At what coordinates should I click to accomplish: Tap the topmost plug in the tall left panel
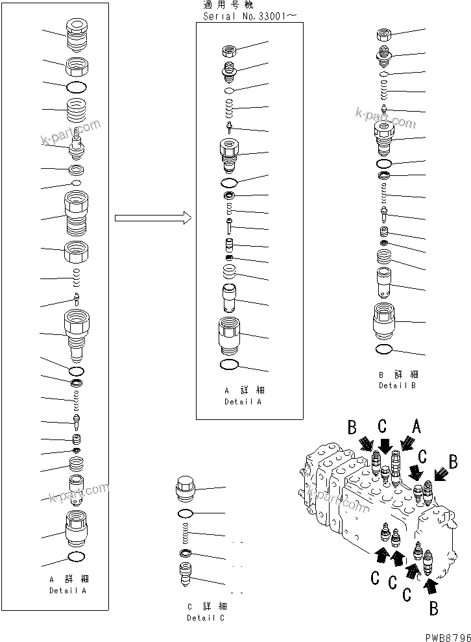coord(76,34)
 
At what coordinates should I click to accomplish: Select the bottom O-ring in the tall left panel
coord(76,557)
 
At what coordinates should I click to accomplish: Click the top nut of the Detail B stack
coord(383,35)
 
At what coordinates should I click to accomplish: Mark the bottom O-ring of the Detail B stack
coord(383,350)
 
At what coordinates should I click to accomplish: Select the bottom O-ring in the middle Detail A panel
coord(230,365)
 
